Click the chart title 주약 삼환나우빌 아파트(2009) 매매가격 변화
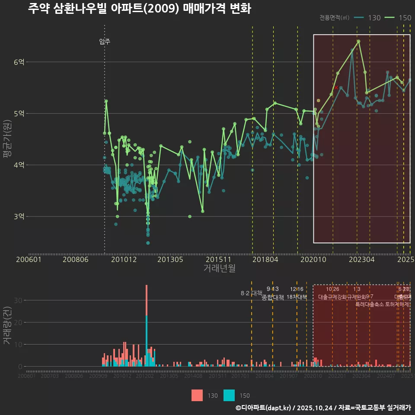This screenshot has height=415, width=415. [139, 9]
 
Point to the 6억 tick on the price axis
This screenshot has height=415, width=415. [19, 62]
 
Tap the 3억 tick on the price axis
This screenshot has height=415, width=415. [19, 217]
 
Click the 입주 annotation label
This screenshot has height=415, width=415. [105, 41]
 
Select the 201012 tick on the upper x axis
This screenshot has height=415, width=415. [124, 260]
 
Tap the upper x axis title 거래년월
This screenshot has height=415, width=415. [219, 268]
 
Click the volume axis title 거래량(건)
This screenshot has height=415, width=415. [7, 326]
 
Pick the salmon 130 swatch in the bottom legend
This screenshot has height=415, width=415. [197, 395]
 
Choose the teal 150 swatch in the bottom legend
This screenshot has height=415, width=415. [229, 395]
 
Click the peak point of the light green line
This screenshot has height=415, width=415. [358, 41]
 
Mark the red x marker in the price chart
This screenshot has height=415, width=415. [336, 88]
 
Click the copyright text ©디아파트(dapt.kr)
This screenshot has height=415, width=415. [264, 408]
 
